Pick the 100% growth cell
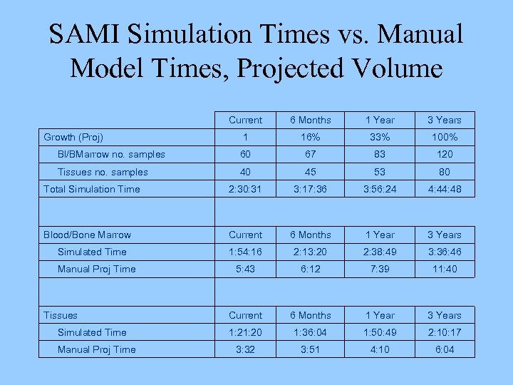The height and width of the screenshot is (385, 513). click(x=445, y=137)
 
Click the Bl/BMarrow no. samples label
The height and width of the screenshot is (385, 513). click(x=111, y=154)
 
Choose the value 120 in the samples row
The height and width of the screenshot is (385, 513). click(x=445, y=154)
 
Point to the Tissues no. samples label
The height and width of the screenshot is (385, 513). click(x=103, y=172)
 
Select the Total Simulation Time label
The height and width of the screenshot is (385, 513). click(x=92, y=189)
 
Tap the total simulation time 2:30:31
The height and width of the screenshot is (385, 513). click(x=246, y=189)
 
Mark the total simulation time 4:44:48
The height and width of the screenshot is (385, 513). click(x=445, y=189)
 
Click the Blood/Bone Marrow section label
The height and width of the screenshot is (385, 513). click(x=87, y=235)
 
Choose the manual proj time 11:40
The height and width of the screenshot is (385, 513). click(x=445, y=269)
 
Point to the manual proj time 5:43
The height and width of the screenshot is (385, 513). click(x=246, y=269)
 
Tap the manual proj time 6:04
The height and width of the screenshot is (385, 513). click(x=445, y=349)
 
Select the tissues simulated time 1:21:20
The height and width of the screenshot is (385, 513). click(x=246, y=332)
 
